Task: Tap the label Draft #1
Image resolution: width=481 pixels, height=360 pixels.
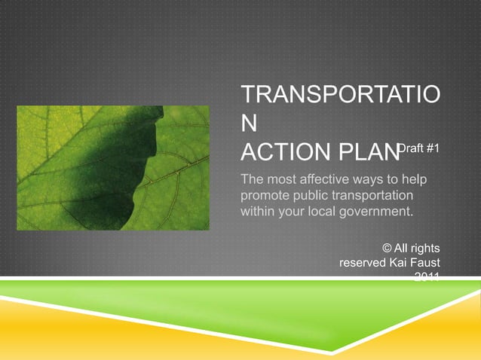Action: [419, 149]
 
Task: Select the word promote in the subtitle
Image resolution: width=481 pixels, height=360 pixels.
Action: [262, 195]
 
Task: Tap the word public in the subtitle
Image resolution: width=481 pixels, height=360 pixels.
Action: [308, 195]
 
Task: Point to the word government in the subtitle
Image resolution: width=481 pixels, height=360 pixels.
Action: [372, 212]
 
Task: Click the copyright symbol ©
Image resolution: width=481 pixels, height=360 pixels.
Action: [387, 247]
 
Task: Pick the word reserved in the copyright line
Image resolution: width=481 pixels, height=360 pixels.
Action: [363, 263]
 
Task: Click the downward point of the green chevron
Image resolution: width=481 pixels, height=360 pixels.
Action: [240, 332]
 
